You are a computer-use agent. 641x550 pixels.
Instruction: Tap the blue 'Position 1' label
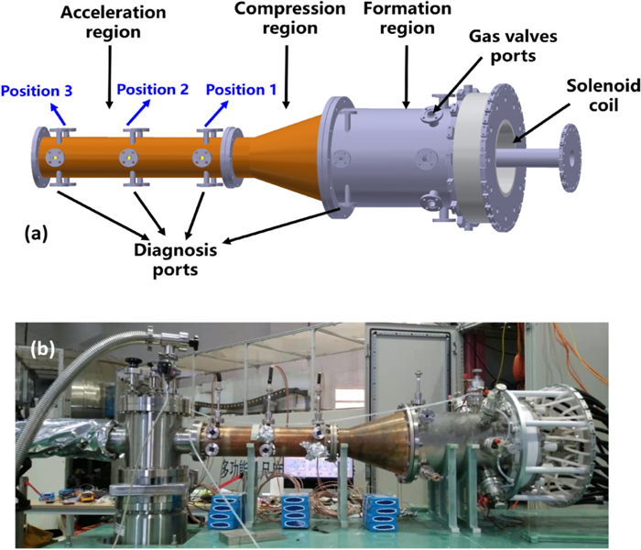click(241, 91)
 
